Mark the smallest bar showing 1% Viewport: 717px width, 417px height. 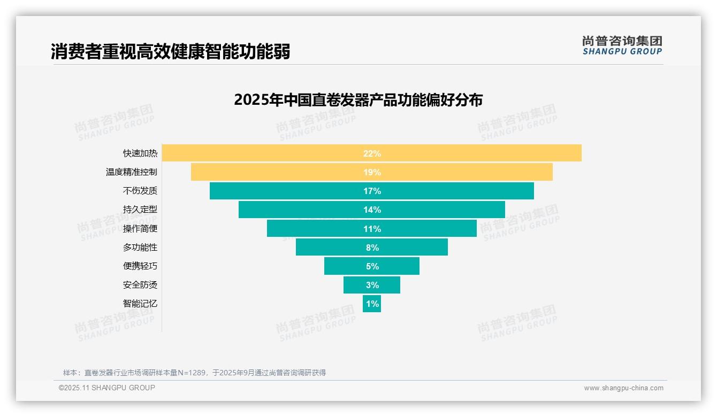click(372, 304)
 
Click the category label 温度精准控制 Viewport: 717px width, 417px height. click(132, 172)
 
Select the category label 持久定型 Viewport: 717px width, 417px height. click(140, 210)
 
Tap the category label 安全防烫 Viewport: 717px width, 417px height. click(140, 285)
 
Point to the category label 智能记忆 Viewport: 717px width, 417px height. click(140, 304)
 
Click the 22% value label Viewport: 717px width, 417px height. click(372, 153)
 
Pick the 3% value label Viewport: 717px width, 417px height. click(372, 285)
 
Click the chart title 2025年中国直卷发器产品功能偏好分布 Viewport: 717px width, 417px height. click(358, 100)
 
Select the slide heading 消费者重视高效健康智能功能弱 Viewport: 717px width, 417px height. click(171, 52)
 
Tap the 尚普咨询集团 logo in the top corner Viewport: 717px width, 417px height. click(622, 45)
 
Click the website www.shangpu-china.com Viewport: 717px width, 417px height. click(623, 388)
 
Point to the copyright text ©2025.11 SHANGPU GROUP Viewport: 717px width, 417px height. click(107, 388)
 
